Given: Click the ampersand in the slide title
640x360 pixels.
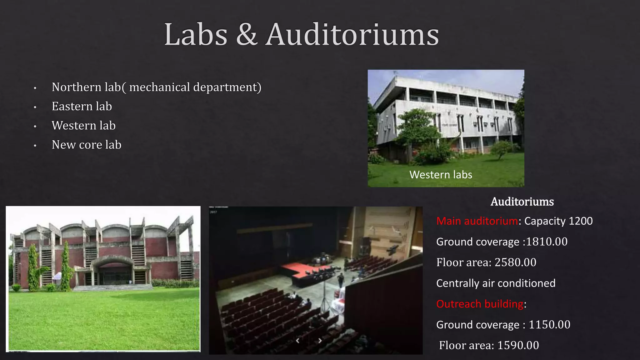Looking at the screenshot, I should [247, 35].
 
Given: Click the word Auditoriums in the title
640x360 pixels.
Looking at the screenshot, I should [352, 35].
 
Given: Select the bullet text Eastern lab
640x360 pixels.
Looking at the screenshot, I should [82, 106].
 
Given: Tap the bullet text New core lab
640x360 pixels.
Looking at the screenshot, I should [86, 145].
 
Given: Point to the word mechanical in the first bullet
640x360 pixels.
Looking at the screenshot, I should [159, 87].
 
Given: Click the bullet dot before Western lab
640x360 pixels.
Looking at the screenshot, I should [35, 127].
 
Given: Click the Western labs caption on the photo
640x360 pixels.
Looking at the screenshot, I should [441, 175].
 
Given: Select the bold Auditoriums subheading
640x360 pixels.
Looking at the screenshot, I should [522, 202].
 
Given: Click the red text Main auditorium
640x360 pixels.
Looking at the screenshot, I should [477, 221].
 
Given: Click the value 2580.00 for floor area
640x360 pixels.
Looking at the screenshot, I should [515, 262].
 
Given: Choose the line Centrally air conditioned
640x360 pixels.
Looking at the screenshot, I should [496, 283].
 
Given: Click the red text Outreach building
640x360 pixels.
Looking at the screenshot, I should [480, 304].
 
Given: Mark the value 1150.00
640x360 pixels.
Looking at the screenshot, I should [549, 325].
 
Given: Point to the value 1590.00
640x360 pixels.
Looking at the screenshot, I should [518, 345].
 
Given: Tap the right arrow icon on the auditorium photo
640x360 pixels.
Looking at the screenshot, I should [320, 341].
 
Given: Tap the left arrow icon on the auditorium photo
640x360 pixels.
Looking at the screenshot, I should [297, 341].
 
